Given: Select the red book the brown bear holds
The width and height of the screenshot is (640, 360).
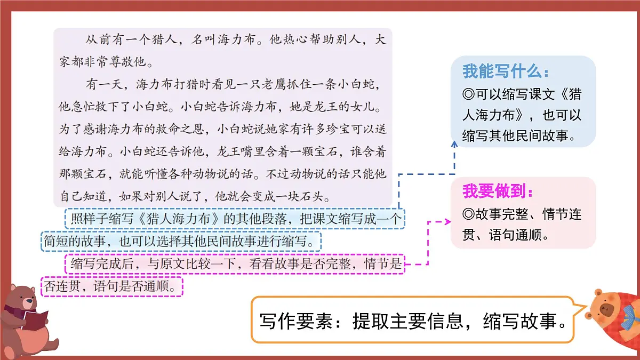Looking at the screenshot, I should point(35,321).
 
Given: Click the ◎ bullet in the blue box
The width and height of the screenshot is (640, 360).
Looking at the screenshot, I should point(468,95).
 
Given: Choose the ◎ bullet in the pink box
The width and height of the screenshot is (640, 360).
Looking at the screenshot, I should point(468,215).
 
